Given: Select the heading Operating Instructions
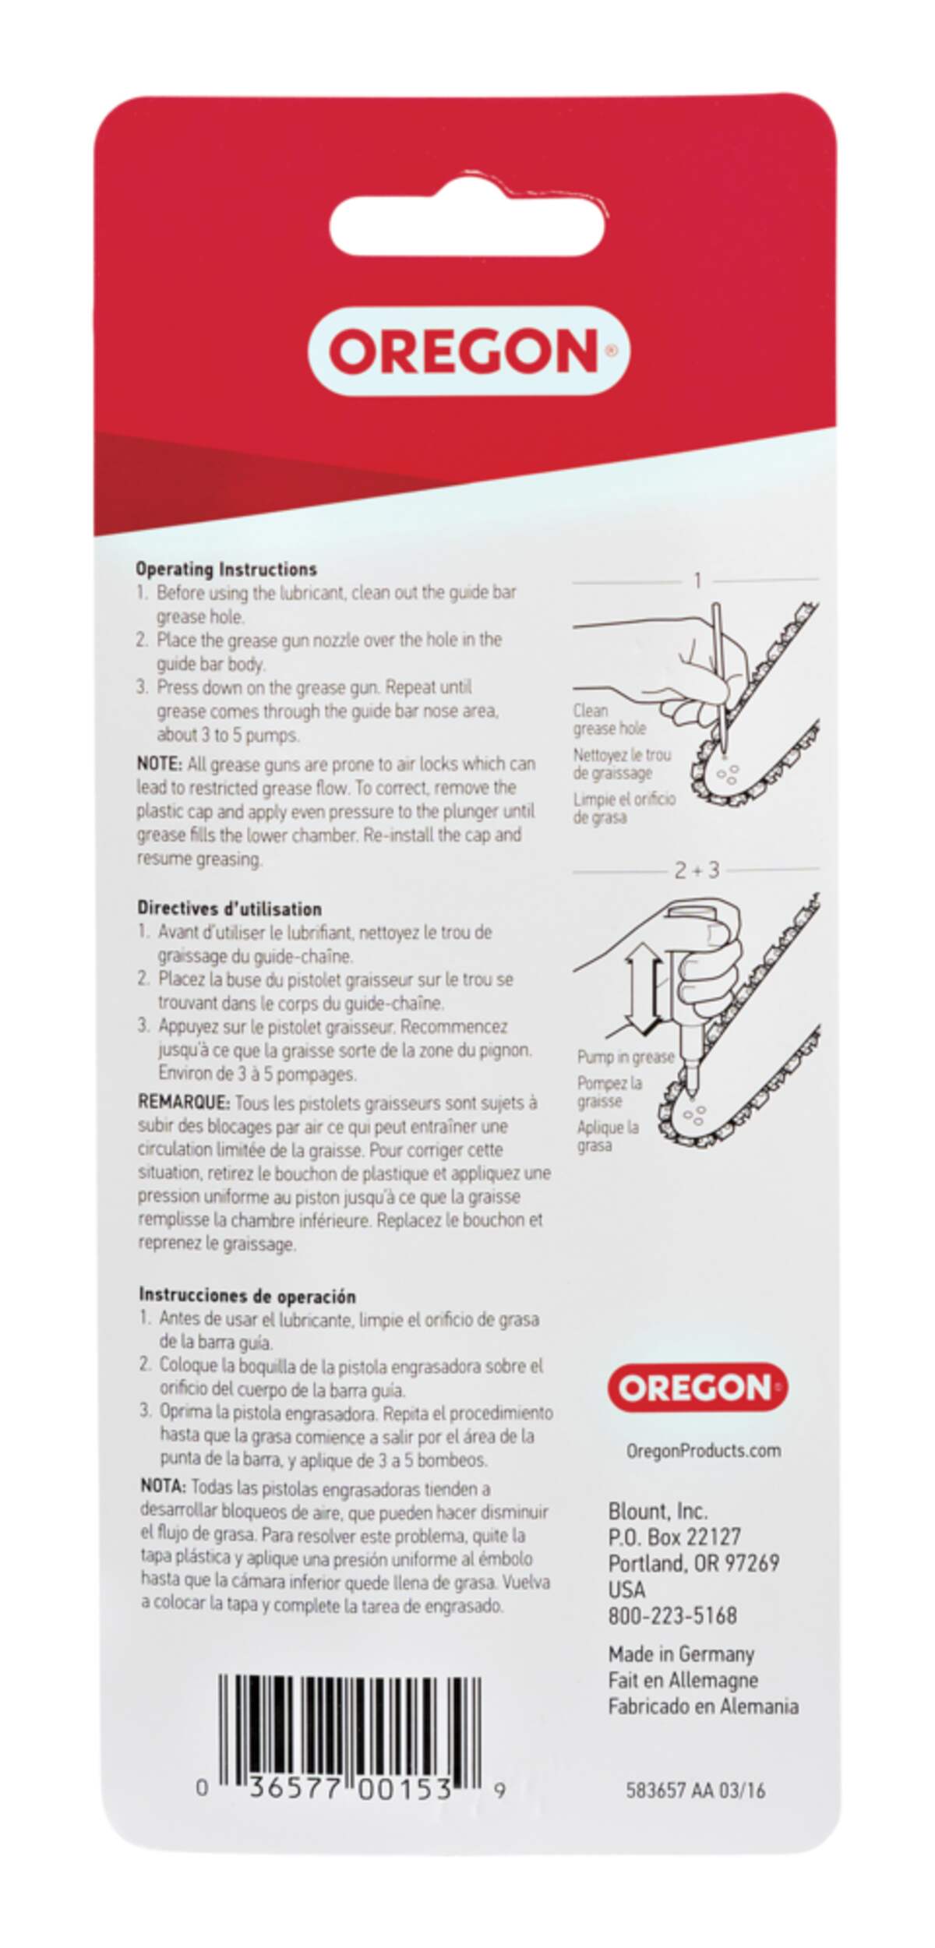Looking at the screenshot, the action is [x=226, y=569].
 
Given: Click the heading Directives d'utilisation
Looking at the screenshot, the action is [x=230, y=909].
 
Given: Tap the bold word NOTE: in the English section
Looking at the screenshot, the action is [x=160, y=764].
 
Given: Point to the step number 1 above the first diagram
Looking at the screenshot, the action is [x=698, y=581].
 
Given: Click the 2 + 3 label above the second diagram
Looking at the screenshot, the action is [x=697, y=870].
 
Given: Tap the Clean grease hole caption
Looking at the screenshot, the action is [x=609, y=719].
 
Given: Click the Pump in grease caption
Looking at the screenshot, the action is [x=626, y=1057].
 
